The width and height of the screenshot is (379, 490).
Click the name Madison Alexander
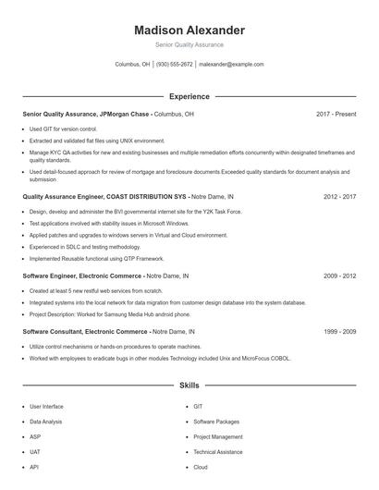click(x=189, y=30)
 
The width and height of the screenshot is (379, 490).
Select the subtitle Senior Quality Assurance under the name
click(x=189, y=44)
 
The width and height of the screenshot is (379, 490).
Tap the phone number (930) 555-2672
click(x=175, y=65)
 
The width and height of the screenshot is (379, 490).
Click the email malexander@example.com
click(x=231, y=65)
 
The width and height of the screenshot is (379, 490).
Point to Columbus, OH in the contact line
click(x=132, y=65)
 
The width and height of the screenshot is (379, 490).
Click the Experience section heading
click(x=189, y=96)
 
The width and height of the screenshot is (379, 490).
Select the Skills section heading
click(x=189, y=385)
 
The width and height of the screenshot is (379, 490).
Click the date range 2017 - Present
click(x=336, y=114)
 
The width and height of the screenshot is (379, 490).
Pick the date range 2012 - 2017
click(x=340, y=196)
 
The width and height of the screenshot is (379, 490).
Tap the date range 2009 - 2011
click(x=340, y=276)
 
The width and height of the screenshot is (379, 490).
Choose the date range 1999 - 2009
click(x=340, y=331)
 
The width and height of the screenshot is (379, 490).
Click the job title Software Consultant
click(x=53, y=331)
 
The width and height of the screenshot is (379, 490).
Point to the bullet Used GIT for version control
click(x=63, y=129)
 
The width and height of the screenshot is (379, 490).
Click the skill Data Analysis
click(x=46, y=422)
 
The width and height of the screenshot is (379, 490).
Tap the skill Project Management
click(x=218, y=436)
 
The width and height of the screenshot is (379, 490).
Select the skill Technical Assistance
click(x=218, y=452)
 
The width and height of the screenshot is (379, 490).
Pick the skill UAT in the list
click(x=36, y=452)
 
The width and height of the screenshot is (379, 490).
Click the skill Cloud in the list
click(x=201, y=468)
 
